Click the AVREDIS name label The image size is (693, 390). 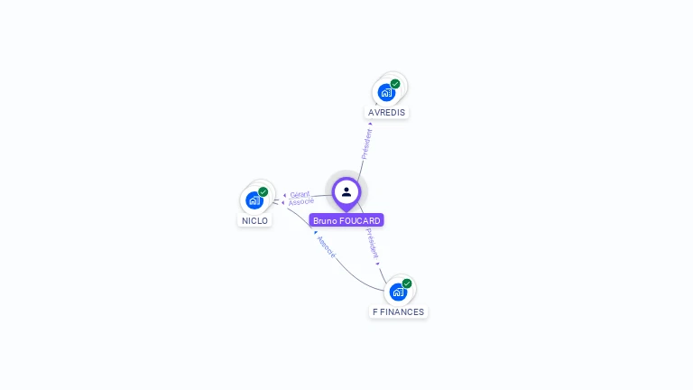point(387,113)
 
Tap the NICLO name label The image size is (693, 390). point(254,220)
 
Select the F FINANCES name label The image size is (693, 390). point(398,312)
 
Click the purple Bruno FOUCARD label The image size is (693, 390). point(346,220)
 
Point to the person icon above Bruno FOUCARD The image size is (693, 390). point(346,191)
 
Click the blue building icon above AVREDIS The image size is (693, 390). point(386,92)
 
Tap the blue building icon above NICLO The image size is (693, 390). point(254,200)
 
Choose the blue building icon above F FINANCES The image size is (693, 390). point(397,292)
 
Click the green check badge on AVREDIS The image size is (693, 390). point(395,84)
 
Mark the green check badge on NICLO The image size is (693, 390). point(263,191)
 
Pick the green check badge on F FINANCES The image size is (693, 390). point(407,283)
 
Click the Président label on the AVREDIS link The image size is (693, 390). point(366,144)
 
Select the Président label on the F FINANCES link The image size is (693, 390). point(373,244)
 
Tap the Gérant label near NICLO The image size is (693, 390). point(300,194)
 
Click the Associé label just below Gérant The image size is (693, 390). point(301,201)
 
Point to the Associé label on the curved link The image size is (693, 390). point(326,248)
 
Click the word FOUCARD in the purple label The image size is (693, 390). point(361,220)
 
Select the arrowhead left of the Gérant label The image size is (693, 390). point(284,195)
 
